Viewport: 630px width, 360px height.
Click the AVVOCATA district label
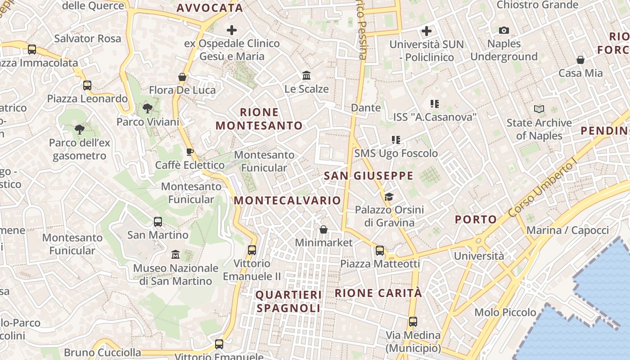coord(210,8)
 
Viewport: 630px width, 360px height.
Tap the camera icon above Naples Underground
coord(504,31)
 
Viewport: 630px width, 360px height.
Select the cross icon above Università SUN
coord(426,31)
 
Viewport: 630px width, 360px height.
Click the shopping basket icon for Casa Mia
coord(580,60)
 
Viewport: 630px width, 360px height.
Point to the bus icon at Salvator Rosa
coord(31,49)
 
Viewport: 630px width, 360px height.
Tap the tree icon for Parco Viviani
coord(147,108)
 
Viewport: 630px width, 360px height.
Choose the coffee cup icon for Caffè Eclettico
coord(190,152)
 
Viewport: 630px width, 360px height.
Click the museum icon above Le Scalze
coord(306,75)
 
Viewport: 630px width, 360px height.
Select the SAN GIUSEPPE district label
coord(369,176)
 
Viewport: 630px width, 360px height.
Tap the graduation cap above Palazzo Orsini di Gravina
coord(389,197)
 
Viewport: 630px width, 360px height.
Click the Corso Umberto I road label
coord(543,189)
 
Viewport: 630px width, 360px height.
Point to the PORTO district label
coord(476,220)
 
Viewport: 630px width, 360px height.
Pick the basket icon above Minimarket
coord(323,230)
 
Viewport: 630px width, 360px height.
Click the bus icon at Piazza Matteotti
coord(380,251)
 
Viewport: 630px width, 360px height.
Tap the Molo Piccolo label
coord(505,312)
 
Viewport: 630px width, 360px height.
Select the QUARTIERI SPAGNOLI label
coord(288,301)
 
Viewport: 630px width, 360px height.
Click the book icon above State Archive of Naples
coord(539,109)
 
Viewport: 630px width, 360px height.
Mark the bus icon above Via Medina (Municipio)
coord(413,322)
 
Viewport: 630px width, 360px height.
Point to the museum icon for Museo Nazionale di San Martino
coord(175,255)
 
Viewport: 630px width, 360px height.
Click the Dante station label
coord(366,108)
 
